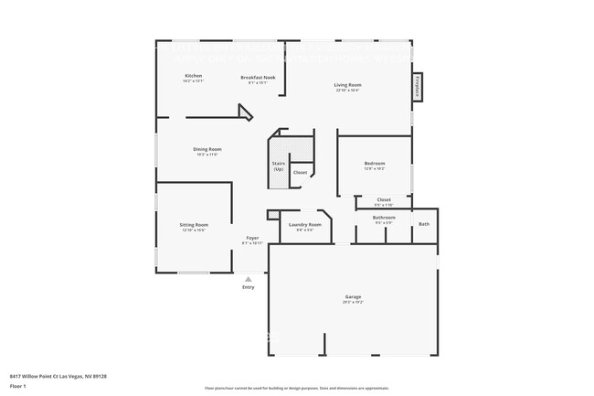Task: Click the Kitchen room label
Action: [x=193, y=76]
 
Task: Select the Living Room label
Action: [x=347, y=85]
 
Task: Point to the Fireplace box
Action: [x=417, y=86]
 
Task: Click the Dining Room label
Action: [x=207, y=149]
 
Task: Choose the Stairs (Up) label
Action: [x=278, y=166]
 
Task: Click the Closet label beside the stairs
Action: [x=300, y=172]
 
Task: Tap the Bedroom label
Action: [x=375, y=164]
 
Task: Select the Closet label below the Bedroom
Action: [x=384, y=199]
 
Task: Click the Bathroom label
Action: [x=384, y=217]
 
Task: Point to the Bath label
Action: [x=423, y=224]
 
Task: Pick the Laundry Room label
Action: [x=304, y=224]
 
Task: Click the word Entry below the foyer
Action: [x=249, y=287]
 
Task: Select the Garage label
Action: [x=353, y=297]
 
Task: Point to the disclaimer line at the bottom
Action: [x=296, y=389]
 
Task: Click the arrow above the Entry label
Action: [x=249, y=277]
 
